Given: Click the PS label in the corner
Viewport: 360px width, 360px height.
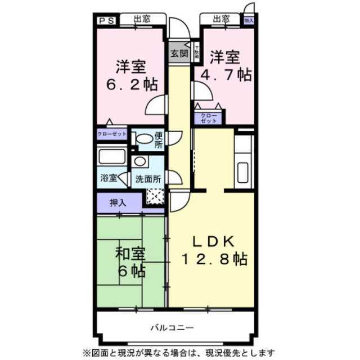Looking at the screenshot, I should point(106,21).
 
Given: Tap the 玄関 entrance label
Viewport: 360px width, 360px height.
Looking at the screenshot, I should point(179,55).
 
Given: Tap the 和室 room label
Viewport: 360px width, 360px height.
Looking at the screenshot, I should point(131,254).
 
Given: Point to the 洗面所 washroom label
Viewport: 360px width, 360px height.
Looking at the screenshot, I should point(148,179).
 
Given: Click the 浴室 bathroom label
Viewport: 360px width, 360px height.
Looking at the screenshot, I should point(108,179).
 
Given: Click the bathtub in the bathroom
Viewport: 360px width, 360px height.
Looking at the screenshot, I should point(112,156).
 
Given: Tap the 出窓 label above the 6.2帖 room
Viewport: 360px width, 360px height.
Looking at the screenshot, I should point(142,19).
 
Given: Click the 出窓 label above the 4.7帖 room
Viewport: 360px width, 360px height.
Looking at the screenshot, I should point(221,19).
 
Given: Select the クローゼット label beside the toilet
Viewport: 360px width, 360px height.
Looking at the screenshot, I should point(111,134).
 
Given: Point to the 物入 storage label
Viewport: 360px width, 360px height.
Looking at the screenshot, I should point(249,20).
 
